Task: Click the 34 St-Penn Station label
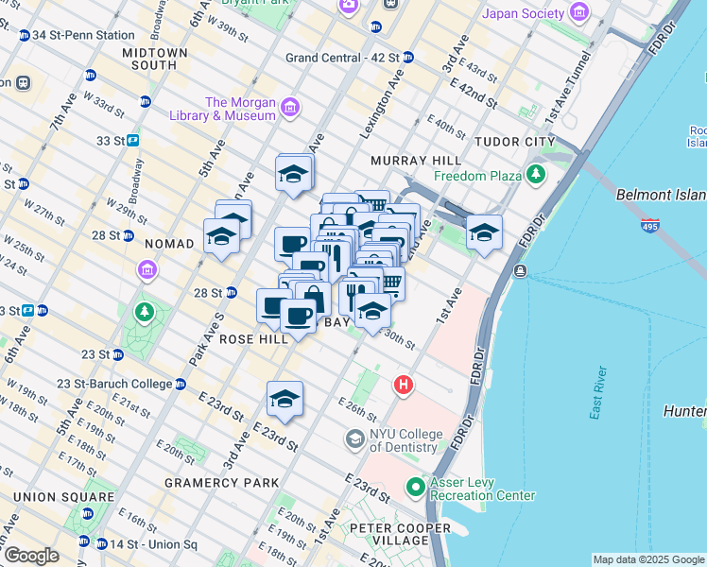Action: [x=83, y=35]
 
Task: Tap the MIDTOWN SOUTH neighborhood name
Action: [x=141, y=59]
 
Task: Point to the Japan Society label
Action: [x=525, y=13]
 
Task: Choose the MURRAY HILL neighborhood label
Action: [x=416, y=161]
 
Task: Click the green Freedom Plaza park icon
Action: [x=537, y=175]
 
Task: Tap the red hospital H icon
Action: [x=404, y=385]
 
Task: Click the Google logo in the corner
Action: [x=32, y=556]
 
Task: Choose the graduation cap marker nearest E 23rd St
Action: [x=284, y=399]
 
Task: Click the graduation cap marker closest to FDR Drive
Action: [x=484, y=232]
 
